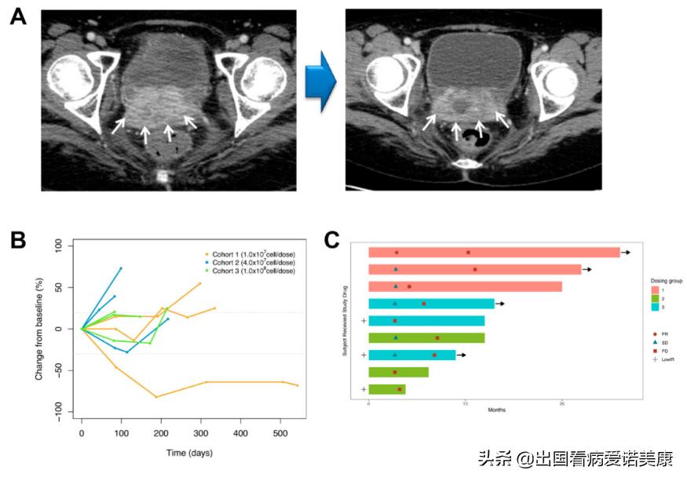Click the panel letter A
coord(17,16)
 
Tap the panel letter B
coord(17,240)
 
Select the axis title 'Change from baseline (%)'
coord(38,329)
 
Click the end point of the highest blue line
coord(121,268)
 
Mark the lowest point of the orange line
coord(156,397)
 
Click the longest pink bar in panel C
coord(494,253)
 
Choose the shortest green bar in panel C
coord(387,389)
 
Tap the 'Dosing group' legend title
coord(666,280)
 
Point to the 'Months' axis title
coord(495,410)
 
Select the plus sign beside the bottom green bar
coord(363,389)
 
